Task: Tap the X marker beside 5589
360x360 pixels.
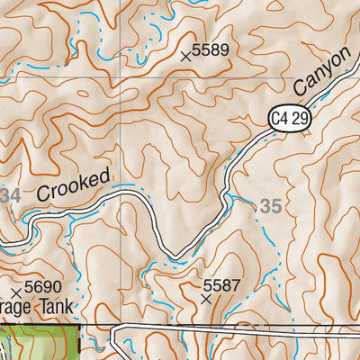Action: click(x=186, y=57)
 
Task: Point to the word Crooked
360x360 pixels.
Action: click(x=74, y=184)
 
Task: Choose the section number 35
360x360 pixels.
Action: click(x=271, y=206)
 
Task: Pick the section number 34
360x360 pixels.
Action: click(x=10, y=195)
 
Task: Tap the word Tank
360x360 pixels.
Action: click(x=57, y=306)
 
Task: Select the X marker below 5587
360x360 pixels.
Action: click(x=207, y=297)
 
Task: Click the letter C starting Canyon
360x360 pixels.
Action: click(x=301, y=89)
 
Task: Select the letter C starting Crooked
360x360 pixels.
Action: click(x=45, y=193)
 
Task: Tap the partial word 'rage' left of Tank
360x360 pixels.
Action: click(x=15, y=307)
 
